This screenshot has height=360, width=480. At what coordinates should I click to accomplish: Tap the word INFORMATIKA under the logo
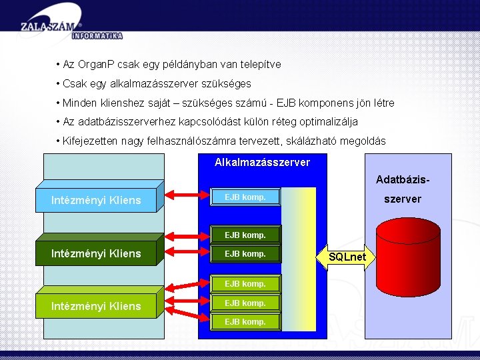[97, 35]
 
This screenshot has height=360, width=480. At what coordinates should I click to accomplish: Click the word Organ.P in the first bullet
[97, 65]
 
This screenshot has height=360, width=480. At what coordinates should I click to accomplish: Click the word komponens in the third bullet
[323, 103]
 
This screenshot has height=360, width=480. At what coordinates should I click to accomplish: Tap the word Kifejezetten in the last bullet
[89, 141]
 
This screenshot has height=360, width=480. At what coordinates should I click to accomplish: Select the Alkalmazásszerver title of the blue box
[262, 163]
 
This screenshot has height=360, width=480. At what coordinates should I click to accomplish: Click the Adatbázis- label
[401, 179]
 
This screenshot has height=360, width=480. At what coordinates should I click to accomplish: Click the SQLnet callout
[347, 257]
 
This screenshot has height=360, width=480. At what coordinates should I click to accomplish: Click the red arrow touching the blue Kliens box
[185, 196]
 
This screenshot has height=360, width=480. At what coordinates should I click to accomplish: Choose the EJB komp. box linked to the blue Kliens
[245, 197]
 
